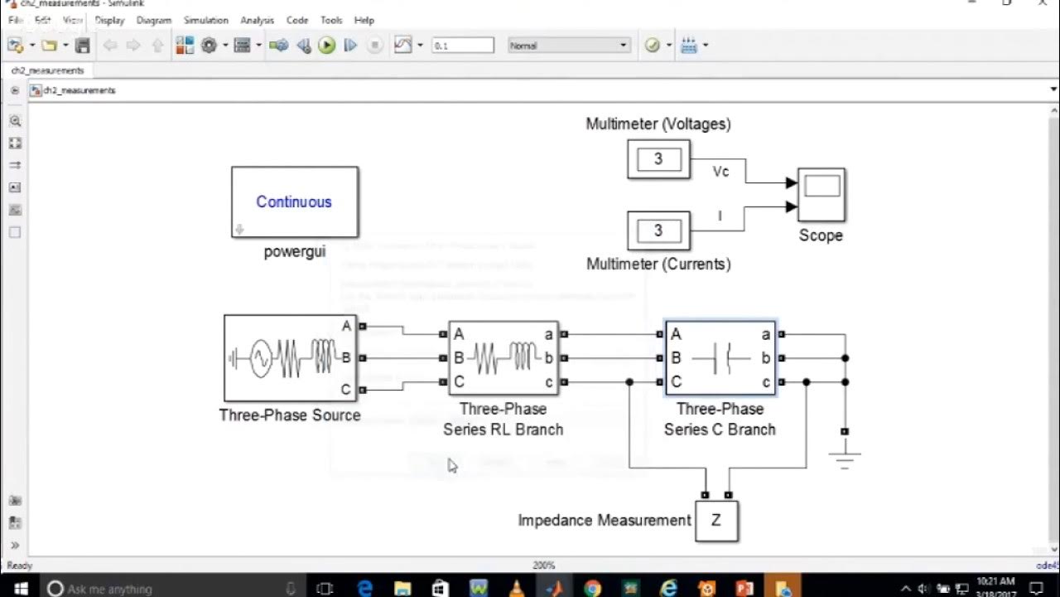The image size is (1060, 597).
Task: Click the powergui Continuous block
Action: [x=295, y=202]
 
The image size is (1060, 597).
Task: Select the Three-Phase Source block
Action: [x=290, y=358]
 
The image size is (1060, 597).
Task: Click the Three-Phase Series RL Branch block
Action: [x=503, y=358]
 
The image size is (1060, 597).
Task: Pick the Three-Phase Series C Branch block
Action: [x=720, y=358]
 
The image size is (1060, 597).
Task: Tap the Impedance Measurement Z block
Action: [x=716, y=521]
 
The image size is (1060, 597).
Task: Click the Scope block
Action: [x=821, y=195]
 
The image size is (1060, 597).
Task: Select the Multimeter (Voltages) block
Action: [x=658, y=159]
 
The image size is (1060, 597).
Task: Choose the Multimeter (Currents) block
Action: [x=658, y=231]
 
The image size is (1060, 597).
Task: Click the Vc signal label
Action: [x=720, y=172]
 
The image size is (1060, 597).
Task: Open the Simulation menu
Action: [x=205, y=20]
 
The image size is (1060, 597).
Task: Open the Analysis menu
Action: [x=257, y=20]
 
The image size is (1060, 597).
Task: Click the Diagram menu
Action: [x=153, y=20]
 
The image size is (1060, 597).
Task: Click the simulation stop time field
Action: [x=462, y=46]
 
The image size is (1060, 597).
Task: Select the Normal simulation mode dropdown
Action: [x=569, y=46]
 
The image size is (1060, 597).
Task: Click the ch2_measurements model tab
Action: [x=47, y=70]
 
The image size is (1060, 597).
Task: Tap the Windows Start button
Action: [x=21, y=588]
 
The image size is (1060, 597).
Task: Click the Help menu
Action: [x=364, y=20]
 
